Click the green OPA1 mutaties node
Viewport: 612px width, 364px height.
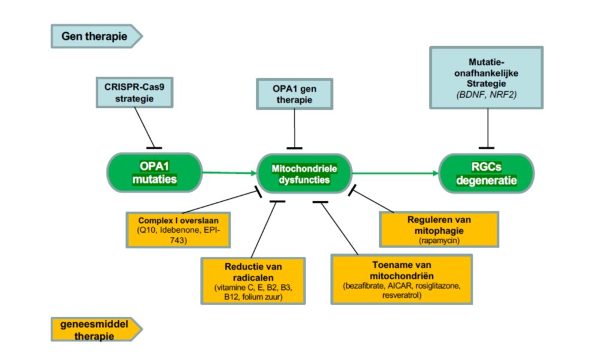pos(154,172)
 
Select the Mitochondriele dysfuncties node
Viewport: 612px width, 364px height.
pos(304,173)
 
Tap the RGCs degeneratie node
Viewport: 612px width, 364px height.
pos(486,173)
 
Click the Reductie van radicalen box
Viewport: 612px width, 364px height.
pos(253,280)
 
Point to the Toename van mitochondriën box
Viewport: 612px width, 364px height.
pos(402,279)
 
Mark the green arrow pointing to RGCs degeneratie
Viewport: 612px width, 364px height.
pos(394,174)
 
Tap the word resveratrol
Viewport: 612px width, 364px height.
pos(402,294)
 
